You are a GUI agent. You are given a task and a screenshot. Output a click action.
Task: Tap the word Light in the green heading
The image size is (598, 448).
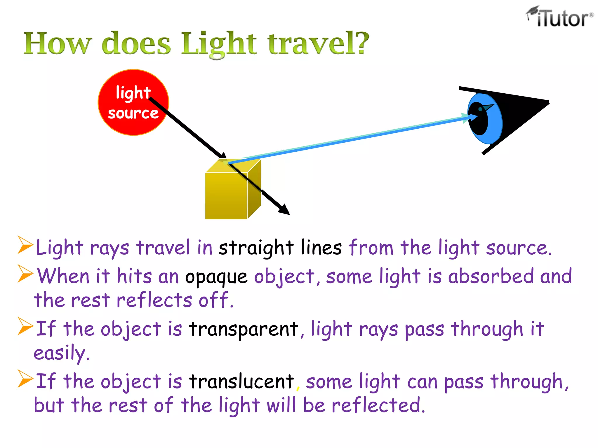tap(219, 44)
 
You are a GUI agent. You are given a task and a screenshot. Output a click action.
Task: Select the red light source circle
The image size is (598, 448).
tap(133, 102)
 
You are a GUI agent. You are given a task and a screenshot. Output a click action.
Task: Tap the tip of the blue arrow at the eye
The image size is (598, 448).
tap(474, 116)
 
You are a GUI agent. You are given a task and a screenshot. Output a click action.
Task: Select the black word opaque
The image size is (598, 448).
tap(216, 277)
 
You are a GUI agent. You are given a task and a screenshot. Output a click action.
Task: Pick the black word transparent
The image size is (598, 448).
tap(244, 329)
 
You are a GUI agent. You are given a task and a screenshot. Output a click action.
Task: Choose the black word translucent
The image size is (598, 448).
tap(241, 381)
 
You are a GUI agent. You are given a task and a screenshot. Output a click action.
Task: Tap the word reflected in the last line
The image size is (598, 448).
tap(378, 405)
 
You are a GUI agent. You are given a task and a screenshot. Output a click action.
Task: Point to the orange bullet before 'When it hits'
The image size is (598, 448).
tap(25, 273)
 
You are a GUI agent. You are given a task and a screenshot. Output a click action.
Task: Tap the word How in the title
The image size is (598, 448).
tap(58, 44)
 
